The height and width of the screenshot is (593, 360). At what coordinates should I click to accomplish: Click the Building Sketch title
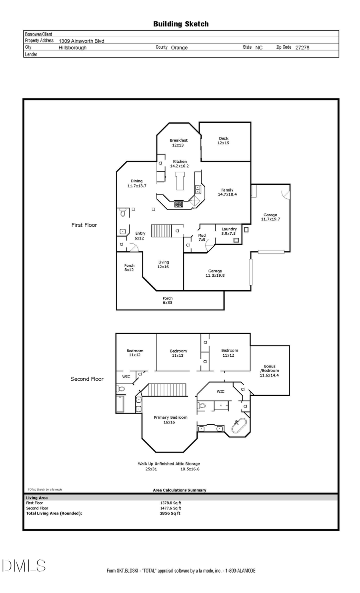181,24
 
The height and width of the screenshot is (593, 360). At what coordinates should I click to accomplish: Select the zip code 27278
302,47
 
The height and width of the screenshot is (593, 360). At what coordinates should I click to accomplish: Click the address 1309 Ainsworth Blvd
81,41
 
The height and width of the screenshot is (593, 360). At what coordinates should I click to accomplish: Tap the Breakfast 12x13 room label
178,143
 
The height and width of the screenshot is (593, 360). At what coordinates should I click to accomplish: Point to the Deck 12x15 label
223,141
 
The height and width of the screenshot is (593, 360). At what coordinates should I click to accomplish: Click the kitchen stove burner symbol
178,204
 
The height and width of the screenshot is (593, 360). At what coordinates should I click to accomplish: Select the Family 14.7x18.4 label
227,192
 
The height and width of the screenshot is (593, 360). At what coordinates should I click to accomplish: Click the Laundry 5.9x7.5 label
229,231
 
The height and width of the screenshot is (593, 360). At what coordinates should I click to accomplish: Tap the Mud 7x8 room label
202,238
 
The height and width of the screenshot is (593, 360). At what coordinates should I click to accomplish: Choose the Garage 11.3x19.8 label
215,273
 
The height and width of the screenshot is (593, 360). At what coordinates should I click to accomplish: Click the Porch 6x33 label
168,300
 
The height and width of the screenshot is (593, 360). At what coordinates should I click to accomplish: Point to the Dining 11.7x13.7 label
137,184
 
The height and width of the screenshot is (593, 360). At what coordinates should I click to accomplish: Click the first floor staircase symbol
161,231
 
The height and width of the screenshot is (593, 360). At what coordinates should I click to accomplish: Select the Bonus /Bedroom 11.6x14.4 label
270,371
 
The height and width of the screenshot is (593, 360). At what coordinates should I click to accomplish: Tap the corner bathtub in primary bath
240,425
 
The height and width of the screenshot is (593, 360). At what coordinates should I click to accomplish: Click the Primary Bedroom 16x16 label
170,419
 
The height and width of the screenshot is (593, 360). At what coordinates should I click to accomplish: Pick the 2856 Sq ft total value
170,513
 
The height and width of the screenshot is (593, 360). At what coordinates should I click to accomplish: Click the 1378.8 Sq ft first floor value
170,503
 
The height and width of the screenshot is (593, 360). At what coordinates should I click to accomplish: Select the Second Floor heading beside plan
87,379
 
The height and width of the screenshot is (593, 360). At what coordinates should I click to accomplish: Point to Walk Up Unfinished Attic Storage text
169,464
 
